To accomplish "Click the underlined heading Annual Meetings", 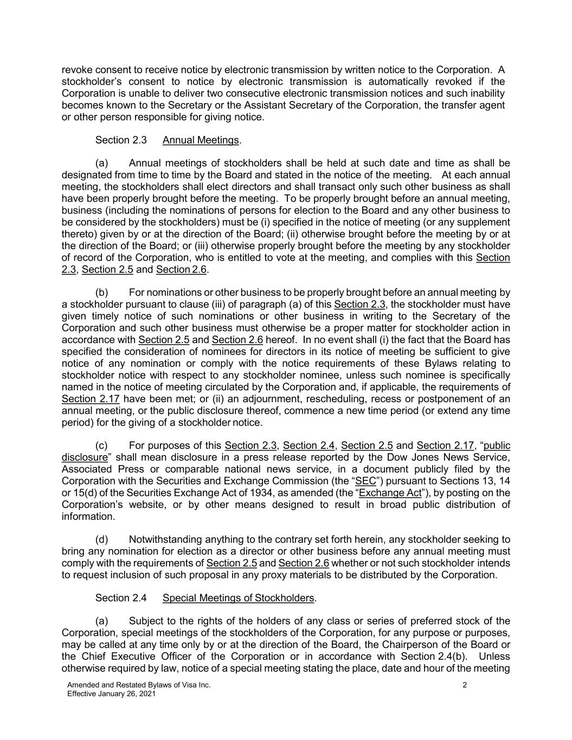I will pyautogui.click(x=201, y=140).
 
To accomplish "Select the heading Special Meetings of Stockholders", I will pyautogui.click(x=239, y=598).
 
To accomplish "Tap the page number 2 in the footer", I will pyautogui.click(x=465, y=685).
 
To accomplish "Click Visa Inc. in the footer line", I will pyautogui.click(x=196, y=685).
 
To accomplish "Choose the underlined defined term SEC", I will pyautogui.click(x=365, y=481).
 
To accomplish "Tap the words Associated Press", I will pyautogui.click(x=102, y=469).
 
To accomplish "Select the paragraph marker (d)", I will pyautogui.click(x=102, y=539).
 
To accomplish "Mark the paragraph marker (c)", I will pyautogui.click(x=101, y=446).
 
